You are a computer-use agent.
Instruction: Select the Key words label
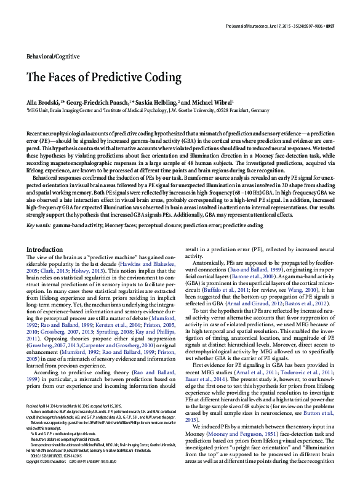coord(38,226)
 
